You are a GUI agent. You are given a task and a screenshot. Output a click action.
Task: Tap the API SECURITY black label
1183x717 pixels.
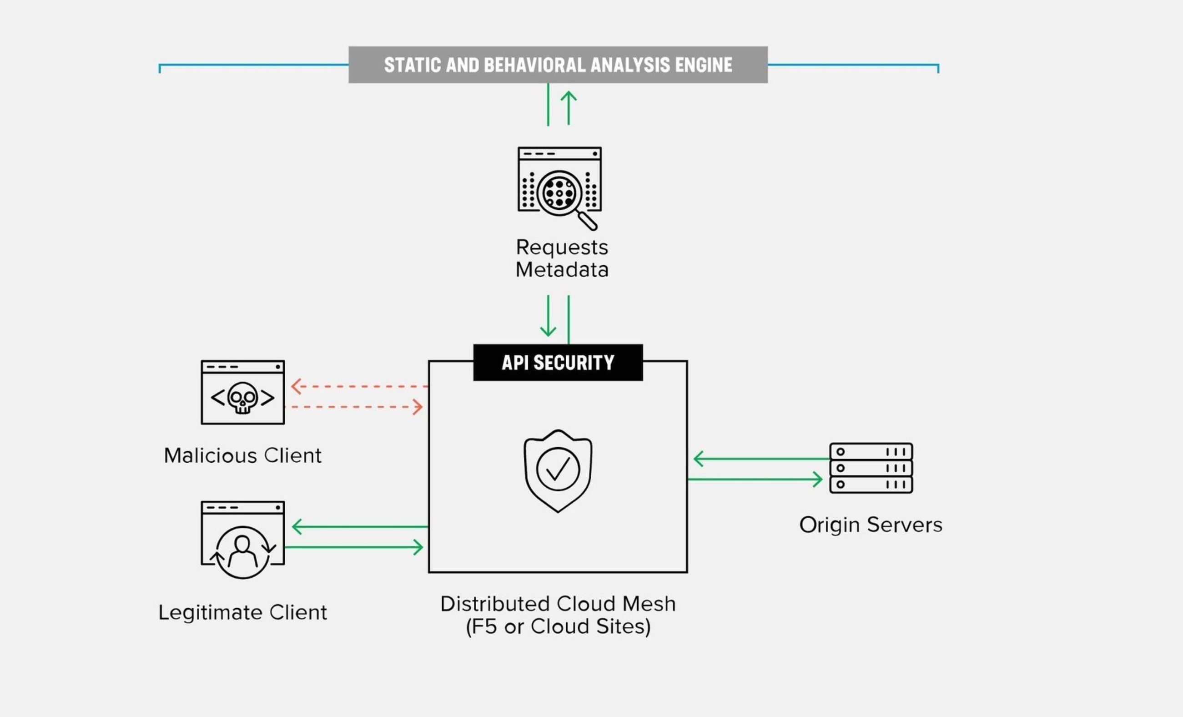[558, 363]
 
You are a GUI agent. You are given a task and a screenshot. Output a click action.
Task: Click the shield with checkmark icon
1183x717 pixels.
[558, 470]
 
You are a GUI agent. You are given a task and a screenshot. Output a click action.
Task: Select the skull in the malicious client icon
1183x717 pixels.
[242, 397]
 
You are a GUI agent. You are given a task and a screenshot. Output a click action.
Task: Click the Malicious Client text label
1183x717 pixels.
[242, 455]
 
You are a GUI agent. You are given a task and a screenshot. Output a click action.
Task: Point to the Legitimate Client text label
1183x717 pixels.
[242, 612]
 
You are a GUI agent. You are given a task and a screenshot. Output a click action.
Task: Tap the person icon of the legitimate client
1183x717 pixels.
[242, 551]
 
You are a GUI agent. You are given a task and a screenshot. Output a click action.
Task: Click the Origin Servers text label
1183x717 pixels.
[871, 525]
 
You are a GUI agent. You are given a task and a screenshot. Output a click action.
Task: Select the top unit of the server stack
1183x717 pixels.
[871, 451]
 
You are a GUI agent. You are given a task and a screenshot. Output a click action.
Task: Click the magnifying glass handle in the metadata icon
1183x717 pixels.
[588, 221]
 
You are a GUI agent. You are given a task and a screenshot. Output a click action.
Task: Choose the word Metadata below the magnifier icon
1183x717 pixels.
[562, 270]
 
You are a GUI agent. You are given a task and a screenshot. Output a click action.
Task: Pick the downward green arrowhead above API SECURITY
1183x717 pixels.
[548, 331]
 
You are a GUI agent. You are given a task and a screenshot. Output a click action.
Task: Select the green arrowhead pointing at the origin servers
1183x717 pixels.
[818, 479]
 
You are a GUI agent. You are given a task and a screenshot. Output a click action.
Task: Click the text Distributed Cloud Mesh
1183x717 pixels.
[558, 604]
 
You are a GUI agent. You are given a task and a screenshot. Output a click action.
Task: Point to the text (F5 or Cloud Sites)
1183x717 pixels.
[558, 626]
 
